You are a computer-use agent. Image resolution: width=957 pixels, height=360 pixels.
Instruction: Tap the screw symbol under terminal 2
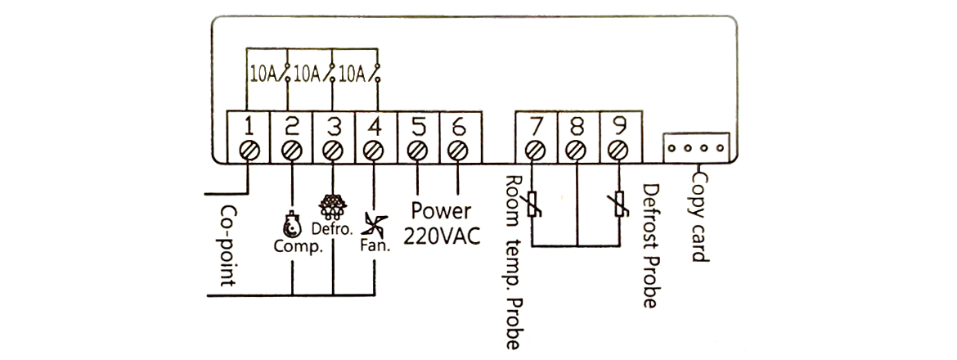(x=290, y=151)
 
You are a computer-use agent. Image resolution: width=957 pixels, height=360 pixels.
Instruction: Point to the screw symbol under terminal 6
(x=458, y=151)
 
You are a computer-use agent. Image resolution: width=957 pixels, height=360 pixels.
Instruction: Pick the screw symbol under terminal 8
(x=577, y=151)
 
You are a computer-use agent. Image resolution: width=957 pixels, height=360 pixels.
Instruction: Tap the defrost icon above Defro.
(x=332, y=204)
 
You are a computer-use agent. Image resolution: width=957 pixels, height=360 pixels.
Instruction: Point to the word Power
(x=441, y=211)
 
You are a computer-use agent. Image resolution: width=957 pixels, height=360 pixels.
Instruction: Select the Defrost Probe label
(x=651, y=245)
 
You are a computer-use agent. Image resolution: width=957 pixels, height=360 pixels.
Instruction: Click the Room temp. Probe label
(x=512, y=262)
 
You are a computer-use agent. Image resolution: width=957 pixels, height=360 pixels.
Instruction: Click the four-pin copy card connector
(x=694, y=148)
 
